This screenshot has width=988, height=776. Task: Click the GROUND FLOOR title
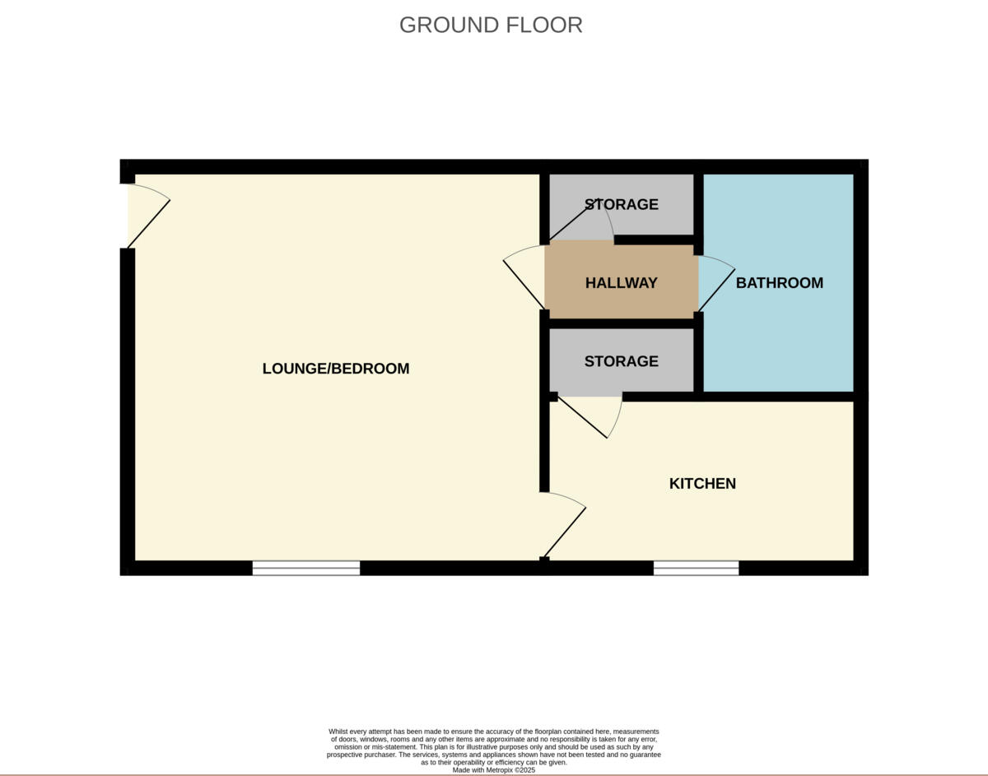coord(491,25)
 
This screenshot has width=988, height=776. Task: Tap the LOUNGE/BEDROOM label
coord(336,369)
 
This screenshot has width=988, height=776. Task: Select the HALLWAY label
coord(621,283)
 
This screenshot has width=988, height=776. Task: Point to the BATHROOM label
coord(779,283)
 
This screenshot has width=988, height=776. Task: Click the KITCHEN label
coord(702,484)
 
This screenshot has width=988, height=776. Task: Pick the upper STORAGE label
coord(621,204)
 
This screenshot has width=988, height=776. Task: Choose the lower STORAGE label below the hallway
coord(621,361)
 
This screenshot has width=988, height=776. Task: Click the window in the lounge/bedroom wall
coord(306,568)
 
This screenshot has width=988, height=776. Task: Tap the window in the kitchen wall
coord(696,568)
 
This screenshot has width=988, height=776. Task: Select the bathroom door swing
coord(715,283)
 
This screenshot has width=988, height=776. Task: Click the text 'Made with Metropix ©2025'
coord(494,770)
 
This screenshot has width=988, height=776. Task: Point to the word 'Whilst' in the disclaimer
coord(338,732)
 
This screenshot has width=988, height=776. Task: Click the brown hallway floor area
coord(576,300)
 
